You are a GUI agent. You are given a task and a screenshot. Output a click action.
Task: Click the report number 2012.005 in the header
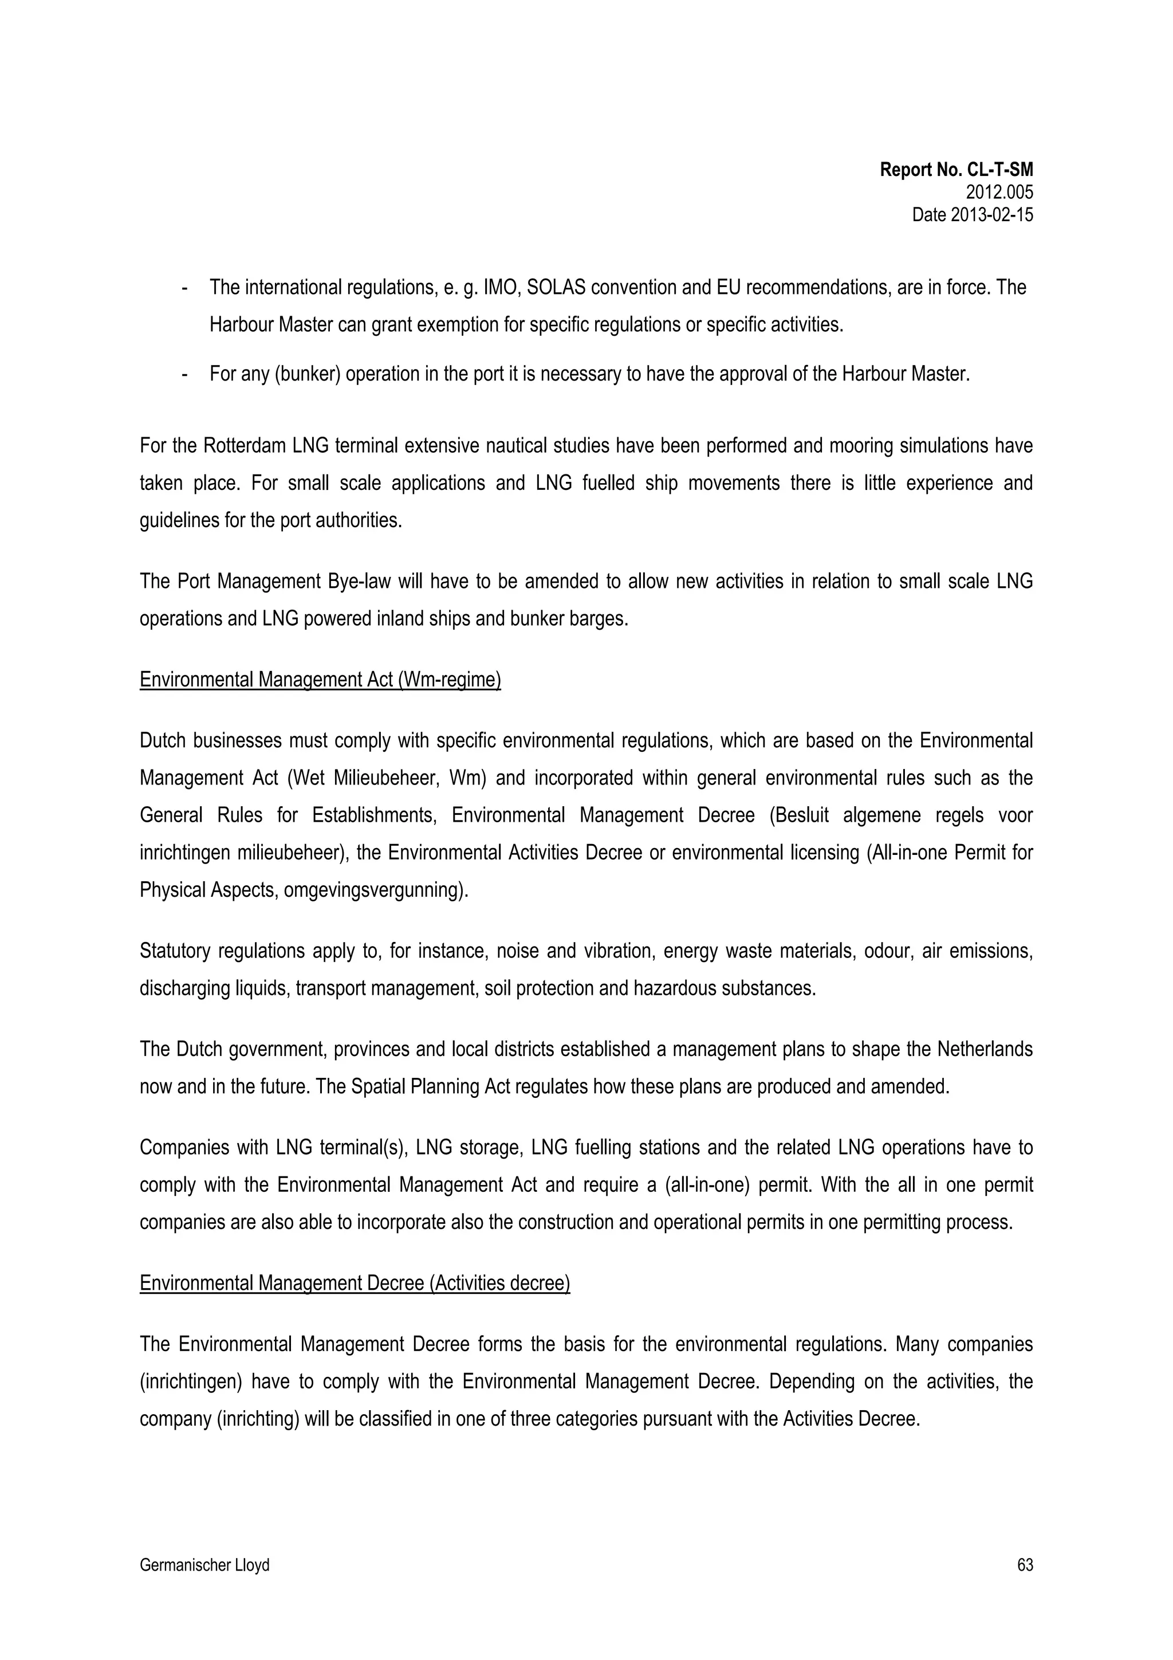click(999, 193)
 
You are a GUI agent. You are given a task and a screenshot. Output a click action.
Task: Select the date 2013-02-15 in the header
click(972, 215)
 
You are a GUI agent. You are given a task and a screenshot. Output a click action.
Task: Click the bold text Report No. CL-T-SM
click(956, 170)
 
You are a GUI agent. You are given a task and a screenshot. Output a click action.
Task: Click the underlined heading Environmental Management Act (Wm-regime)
click(320, 680)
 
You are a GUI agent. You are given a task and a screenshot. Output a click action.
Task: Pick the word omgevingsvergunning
click(376, 890)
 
